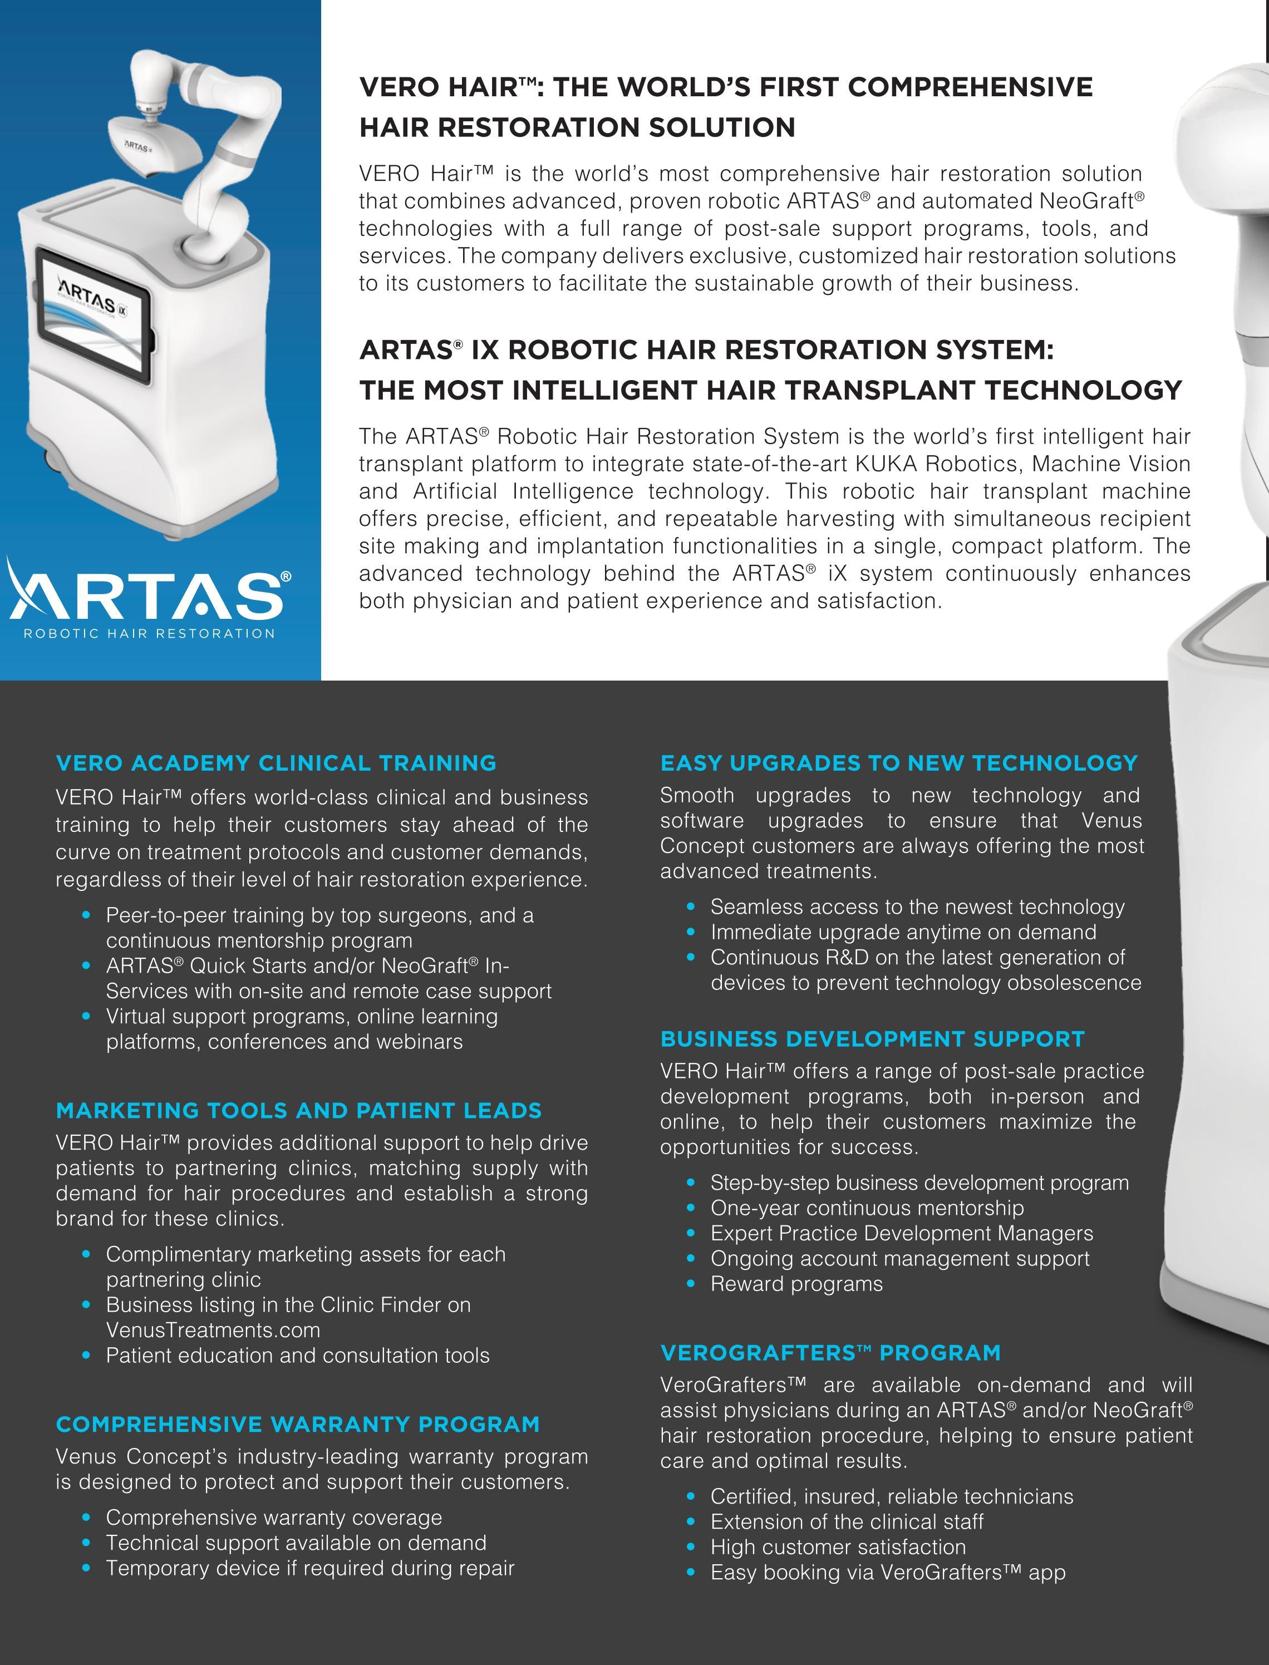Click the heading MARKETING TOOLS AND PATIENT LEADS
(x=299, y=1111)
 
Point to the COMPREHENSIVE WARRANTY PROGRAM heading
(x=298, y=1425)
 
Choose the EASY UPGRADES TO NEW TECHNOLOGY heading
(x=899, y=763)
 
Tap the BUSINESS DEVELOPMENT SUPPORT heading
(x=873, y=1039)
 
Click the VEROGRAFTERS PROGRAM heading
(x=830, y=1353)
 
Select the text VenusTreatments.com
(x=213, y=1331)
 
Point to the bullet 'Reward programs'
(x=796, y=1284)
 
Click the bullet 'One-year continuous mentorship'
(x=867, y=1208)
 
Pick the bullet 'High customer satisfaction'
(x=838, y=1547)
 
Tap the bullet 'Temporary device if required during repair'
(x=309, y=1568)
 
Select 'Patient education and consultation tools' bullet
(x=298, y=1356)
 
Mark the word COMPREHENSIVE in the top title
(x=971, y=87)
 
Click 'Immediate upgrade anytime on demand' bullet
(x=903, y=933)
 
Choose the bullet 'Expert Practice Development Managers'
(x=902, y=1234)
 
